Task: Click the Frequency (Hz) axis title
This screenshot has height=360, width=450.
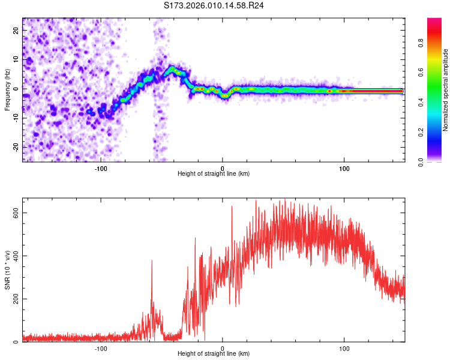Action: point(7,89)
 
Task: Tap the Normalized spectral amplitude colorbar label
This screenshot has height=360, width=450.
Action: point(445,90)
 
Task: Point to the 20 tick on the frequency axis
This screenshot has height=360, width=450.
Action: point(16,29)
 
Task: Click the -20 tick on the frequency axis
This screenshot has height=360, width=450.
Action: point(15,147)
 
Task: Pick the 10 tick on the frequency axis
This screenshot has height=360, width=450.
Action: point(16,59)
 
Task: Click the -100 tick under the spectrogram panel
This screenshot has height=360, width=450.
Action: point(101,168)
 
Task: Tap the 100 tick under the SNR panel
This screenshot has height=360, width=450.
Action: point(344,348)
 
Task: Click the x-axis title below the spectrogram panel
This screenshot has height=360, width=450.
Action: point(214,174)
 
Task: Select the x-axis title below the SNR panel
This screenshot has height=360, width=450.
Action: point(214,354)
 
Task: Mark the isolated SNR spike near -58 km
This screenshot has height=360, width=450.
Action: point(152,262)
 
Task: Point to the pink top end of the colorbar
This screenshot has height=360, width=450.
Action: point(434,21)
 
